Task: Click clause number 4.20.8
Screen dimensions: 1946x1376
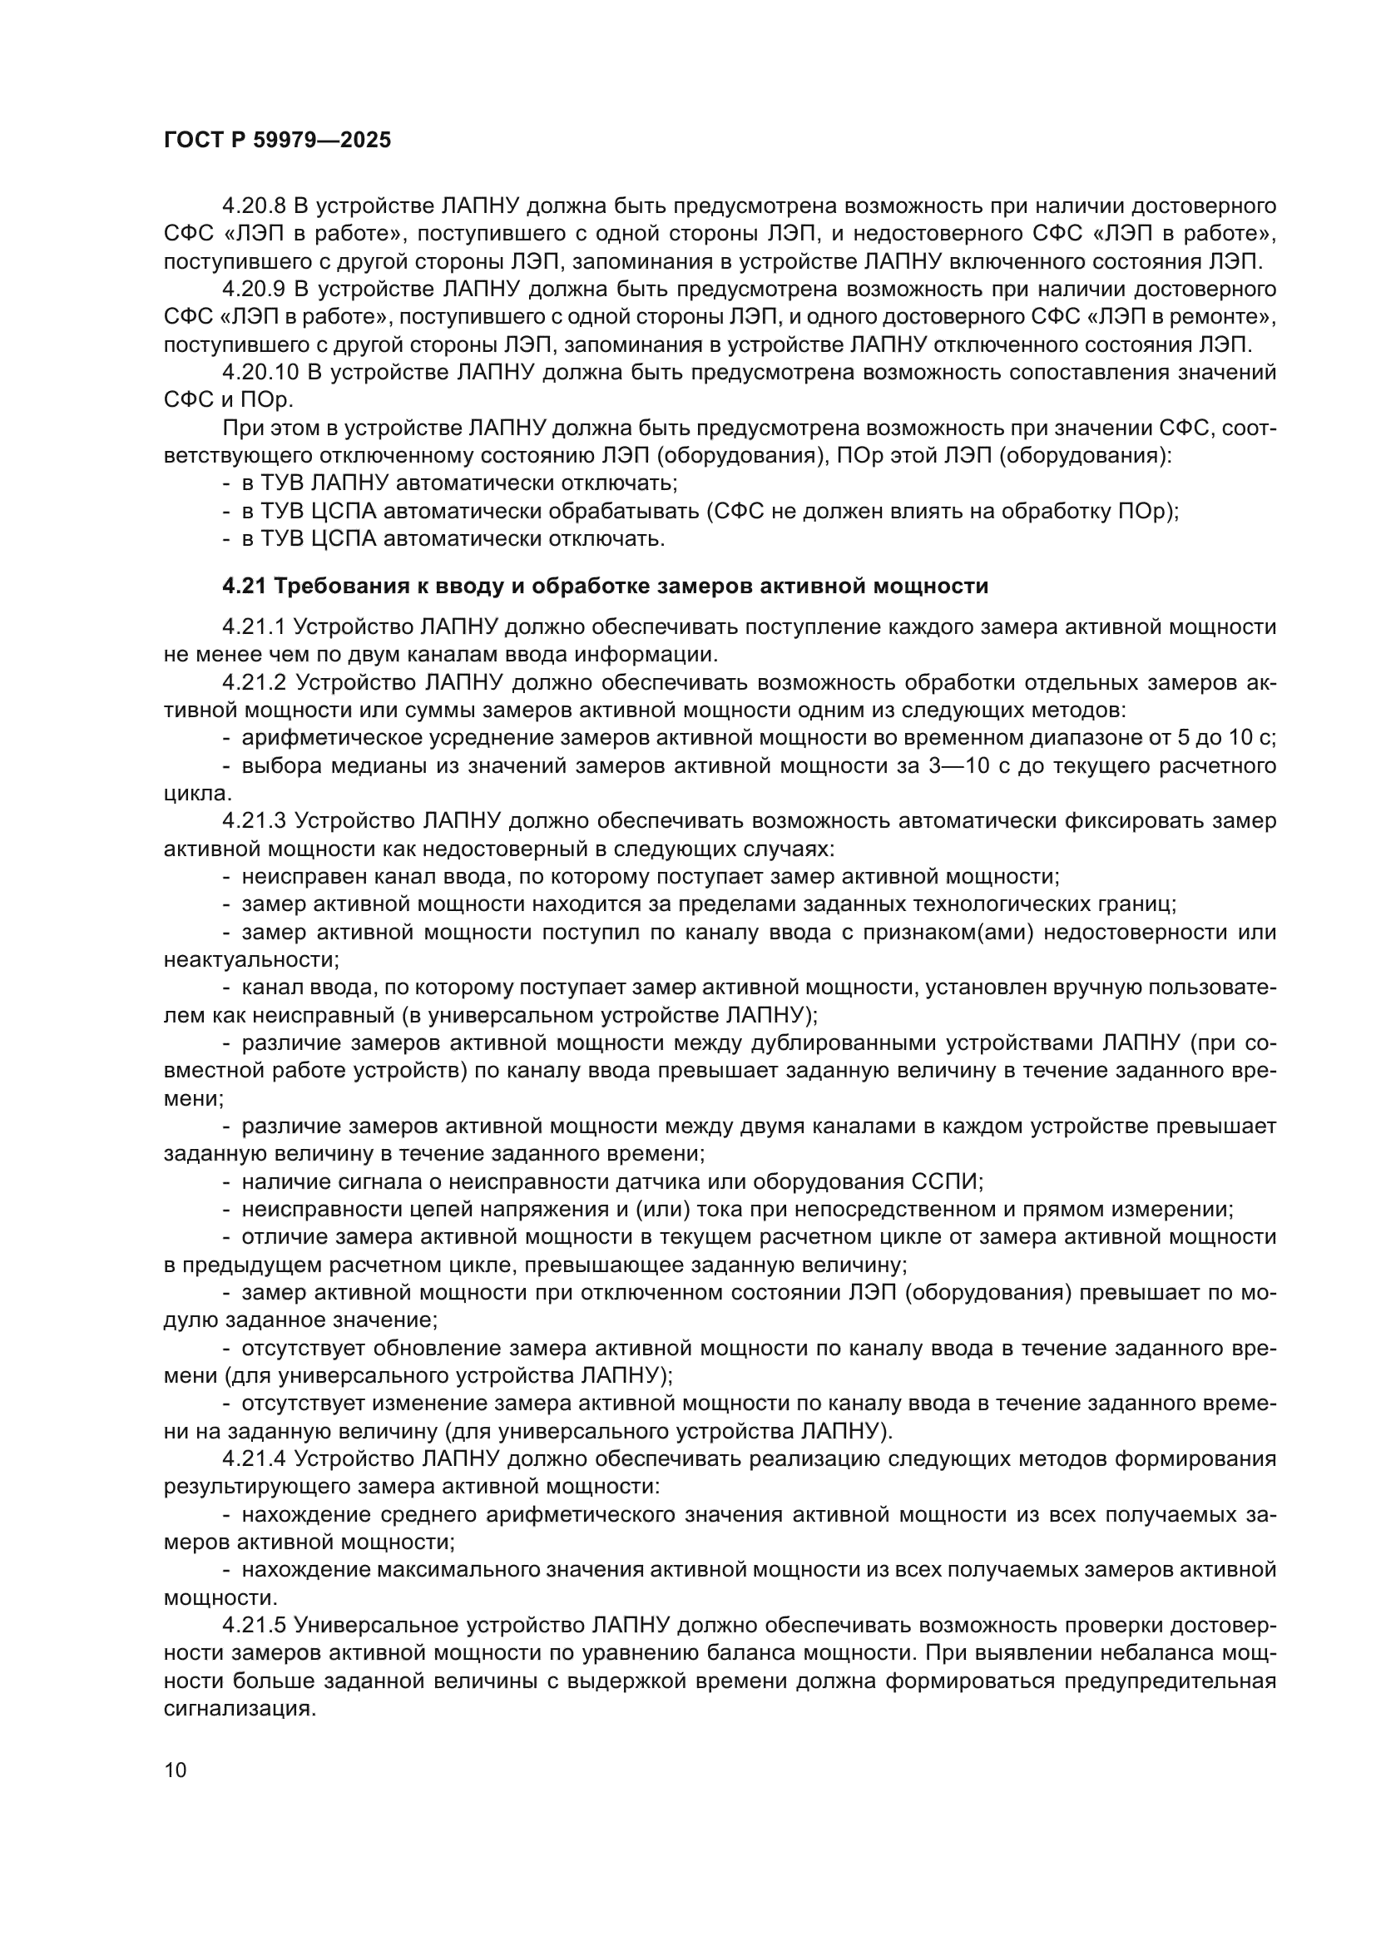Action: point(254,206)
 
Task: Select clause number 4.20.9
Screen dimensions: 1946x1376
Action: point(254,289)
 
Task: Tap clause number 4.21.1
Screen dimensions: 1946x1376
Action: point(254,626)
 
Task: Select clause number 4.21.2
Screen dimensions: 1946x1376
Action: point(254,682)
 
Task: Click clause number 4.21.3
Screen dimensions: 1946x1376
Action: point(254,820)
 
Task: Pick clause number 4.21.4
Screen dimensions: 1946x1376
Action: point(254,1458)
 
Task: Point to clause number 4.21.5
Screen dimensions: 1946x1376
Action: point(254,1625)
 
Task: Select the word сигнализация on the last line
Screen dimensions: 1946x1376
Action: point(235,1709)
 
